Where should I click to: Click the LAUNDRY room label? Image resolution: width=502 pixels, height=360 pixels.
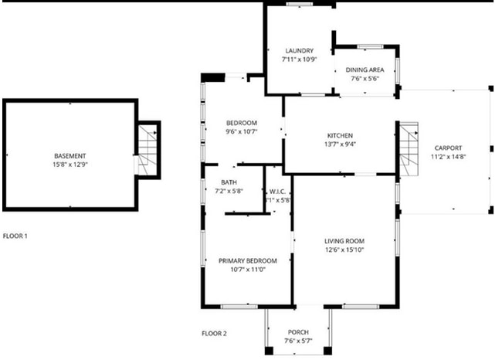pyautogui.click(x=298, y=51)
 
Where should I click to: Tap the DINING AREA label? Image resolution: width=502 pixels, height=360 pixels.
pyautogui.click(x=366, y=70)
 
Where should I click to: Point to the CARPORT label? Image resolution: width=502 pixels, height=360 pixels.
pyautogui.click(x=448, y=148)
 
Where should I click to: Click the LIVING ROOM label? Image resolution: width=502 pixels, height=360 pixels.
pyautogui.click(x=344, y=241)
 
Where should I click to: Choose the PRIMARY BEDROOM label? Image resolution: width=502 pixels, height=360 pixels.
pyautogui.click(x=247, y=260)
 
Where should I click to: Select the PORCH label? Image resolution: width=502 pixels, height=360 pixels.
pyautogui.click(x=298, y=332)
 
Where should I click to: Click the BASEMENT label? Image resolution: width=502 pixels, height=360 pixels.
pyautogui.click(x=70, y=156)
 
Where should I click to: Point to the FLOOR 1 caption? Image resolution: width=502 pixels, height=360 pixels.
pyautogui.click(x=15, y=236)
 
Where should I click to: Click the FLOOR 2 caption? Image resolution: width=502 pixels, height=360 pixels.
pyautogui.click(x=214, y=334)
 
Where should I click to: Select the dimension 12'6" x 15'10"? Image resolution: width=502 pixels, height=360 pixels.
pyautogui.click(x=344, y=250)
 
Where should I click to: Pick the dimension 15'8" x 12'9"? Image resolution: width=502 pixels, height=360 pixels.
pyautogui.click(x=70, y=165)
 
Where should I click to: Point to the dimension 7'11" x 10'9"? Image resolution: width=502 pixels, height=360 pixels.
pyautogui.click(x=298, y=59)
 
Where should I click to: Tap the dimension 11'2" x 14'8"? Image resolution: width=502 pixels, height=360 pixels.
pyautogui.click(x=448, y=156)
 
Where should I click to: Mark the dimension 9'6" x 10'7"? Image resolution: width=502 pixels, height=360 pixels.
pyautogui.click(x=241, y=131)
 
